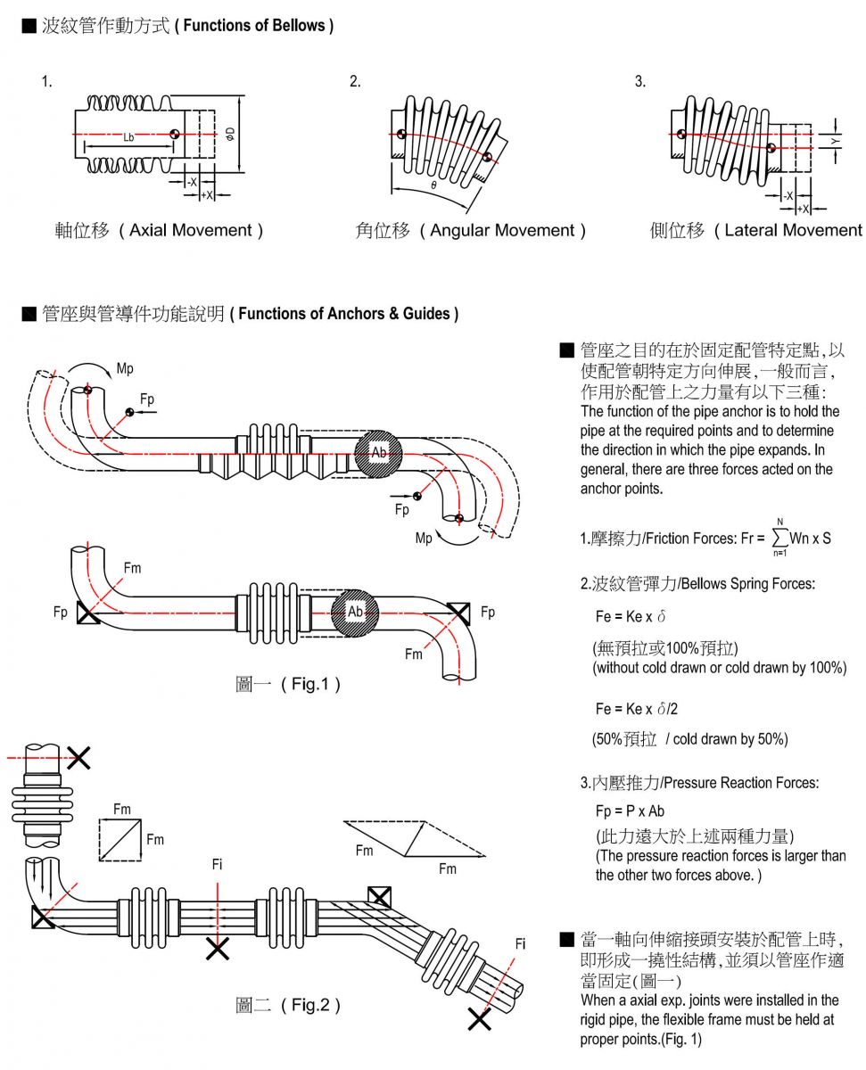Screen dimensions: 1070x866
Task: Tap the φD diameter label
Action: tap(229, 134)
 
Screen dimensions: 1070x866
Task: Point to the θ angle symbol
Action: tap(433, 185)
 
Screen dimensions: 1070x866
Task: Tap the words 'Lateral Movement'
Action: tap(792, 230)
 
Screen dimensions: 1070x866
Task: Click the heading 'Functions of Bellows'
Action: tap(254, 26)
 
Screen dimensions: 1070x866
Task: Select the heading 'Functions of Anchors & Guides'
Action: tap(349, 313)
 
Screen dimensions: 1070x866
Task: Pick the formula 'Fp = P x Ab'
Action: tap(630, 811)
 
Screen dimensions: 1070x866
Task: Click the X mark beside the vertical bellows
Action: tap(78, 758)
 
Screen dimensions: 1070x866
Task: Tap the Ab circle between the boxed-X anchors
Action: tap(355, 612)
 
